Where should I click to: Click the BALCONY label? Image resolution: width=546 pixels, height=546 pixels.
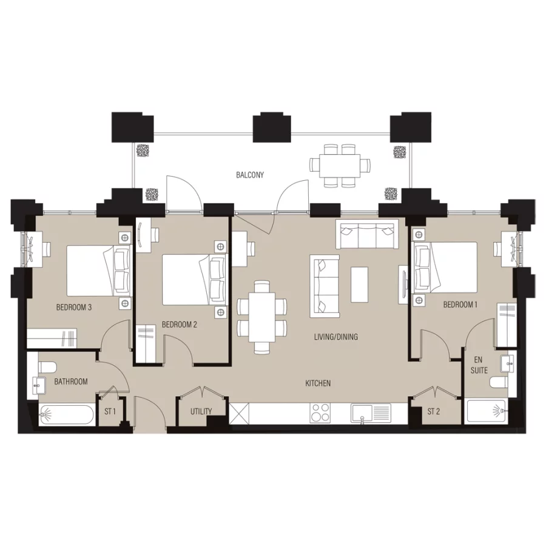click(250, 175)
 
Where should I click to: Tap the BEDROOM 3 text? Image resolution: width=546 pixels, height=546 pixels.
click(74, 307)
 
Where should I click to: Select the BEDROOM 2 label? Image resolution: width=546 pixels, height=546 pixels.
click(179, 325)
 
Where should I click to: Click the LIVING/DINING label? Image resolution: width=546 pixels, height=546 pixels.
click(335, 336)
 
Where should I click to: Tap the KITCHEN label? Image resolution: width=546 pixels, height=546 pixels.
click(318, 383)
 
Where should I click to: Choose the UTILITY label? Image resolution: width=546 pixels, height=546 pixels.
click(201, 411)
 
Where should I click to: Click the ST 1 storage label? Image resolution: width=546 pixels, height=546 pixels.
click(110, 412)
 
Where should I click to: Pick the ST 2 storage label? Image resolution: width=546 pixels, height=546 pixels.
click(433, 412)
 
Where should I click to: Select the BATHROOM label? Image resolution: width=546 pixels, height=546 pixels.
click(71, 382)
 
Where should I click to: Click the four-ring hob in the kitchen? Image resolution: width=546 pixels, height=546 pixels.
click(320, 413)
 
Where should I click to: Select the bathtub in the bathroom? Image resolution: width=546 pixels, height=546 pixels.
click(66, 416)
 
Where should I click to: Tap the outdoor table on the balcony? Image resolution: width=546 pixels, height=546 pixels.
click(339, 164)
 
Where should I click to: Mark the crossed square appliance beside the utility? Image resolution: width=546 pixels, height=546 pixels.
click(238, 414)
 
